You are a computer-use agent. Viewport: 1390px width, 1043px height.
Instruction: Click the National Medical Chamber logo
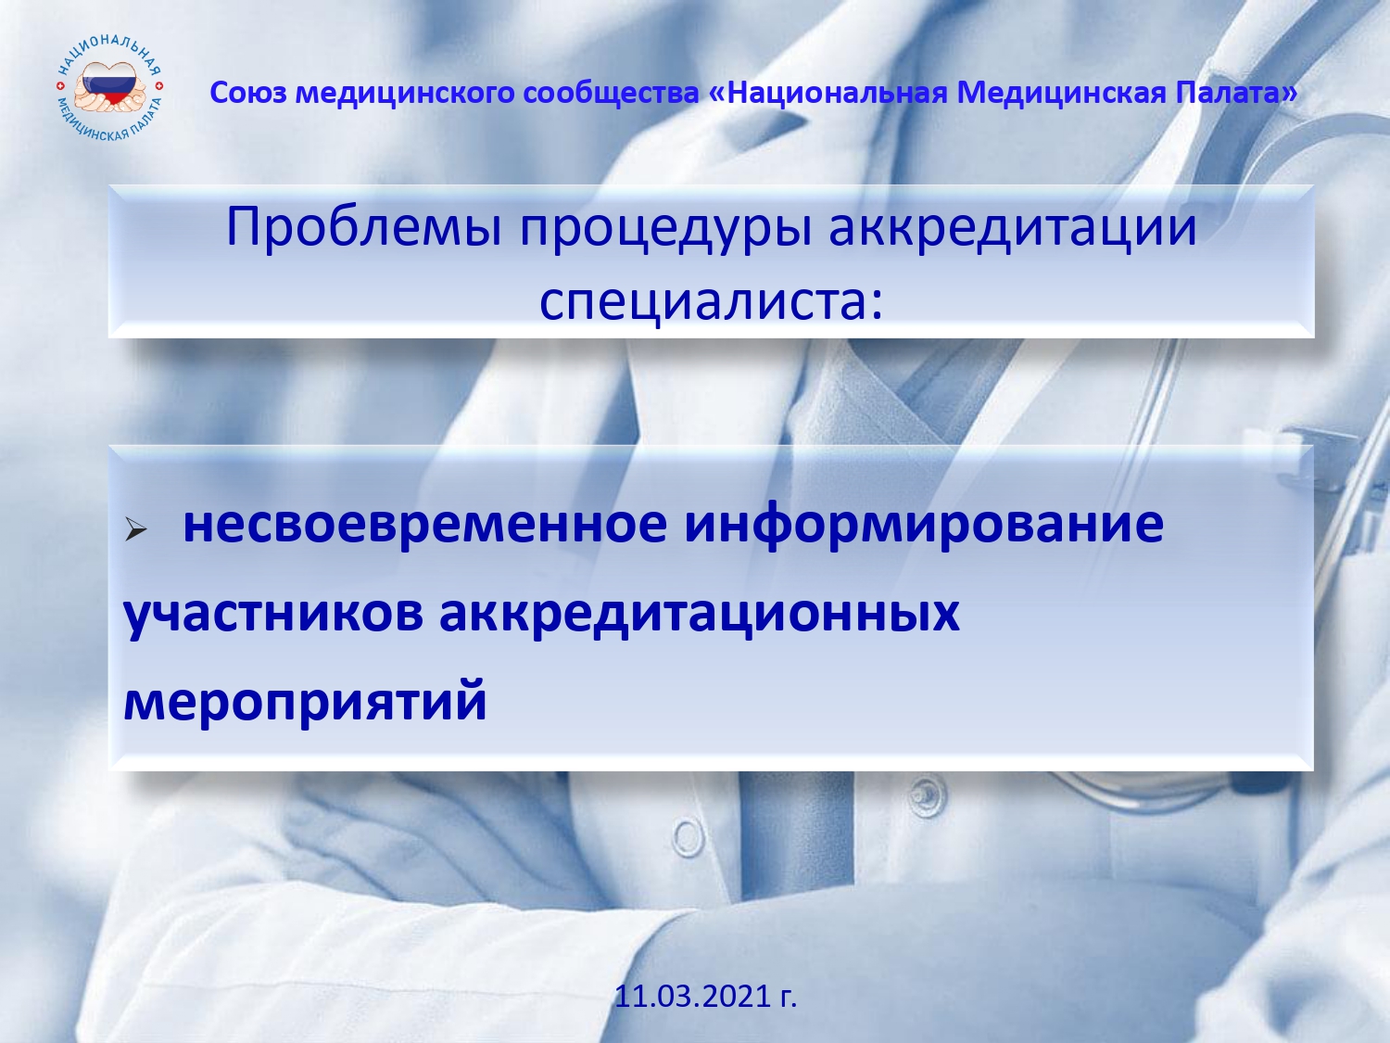109,88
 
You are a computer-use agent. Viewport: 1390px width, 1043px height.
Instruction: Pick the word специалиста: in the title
711,300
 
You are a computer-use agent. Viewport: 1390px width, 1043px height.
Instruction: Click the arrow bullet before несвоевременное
135,528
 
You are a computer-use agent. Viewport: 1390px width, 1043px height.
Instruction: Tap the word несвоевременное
425,524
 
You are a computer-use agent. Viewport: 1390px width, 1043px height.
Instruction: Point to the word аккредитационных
700,616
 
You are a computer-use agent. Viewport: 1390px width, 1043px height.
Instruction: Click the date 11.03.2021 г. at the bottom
705,996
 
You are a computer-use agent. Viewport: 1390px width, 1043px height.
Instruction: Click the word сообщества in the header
611,94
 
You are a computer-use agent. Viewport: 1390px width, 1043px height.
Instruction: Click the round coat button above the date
688,837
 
